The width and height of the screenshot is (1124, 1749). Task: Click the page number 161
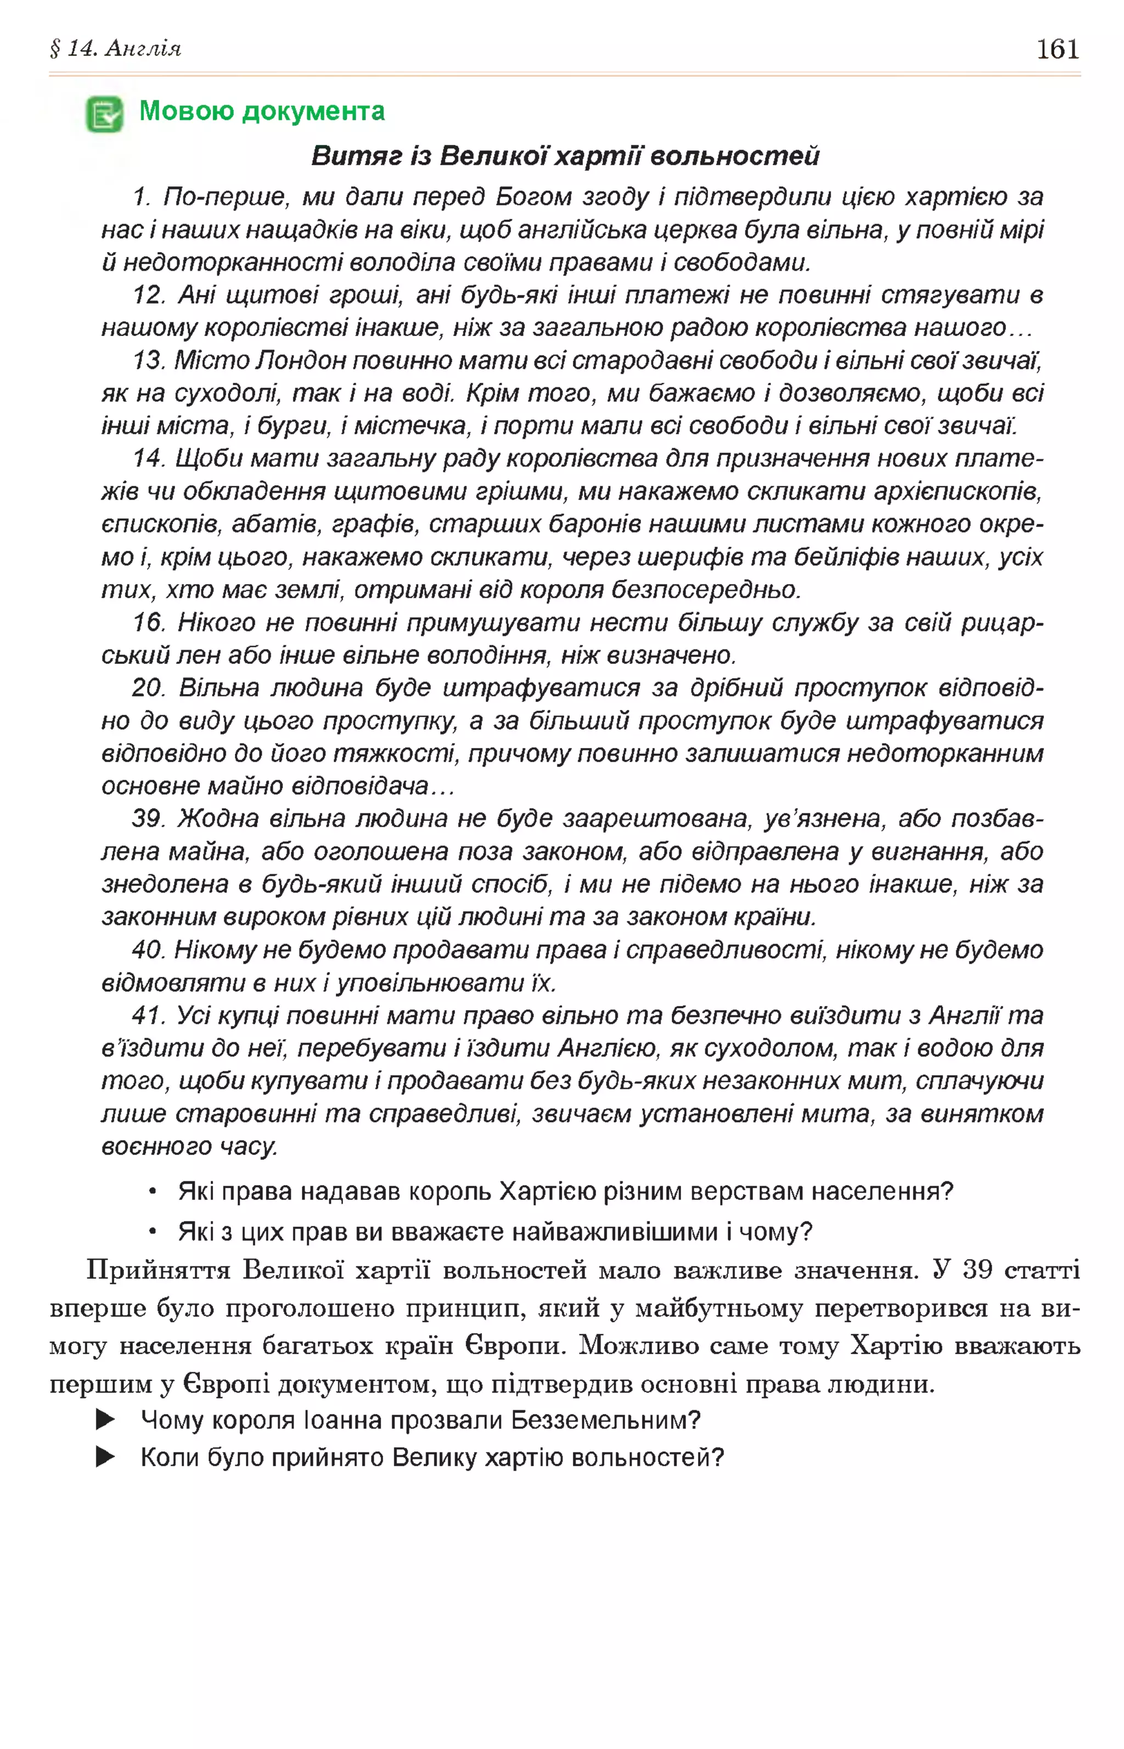click(x=1057, y=49)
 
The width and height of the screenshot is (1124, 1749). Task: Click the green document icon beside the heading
click(x=104, y=114)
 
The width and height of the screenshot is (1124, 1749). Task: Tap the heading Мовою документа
click(x=261, y=111)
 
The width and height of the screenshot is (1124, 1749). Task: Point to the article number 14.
click(x=149, y=458)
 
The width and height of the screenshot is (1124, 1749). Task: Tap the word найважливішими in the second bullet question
click(x=615, y=1232)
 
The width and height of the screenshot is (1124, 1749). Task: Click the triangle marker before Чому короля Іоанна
click(x=105, y=1420)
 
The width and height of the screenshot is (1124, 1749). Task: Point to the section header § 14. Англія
click(x=115, y=49)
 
